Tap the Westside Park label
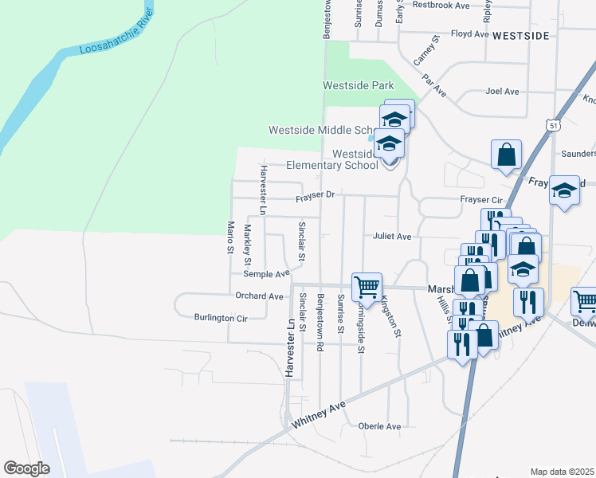(359, 85)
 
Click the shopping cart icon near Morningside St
(367, 286)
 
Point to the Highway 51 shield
(552, 125)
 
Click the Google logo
(26, 468)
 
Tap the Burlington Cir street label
(221, 317)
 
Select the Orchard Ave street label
(260, 296)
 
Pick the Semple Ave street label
(266, 274)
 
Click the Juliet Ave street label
(391, 237)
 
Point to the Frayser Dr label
(318, 195)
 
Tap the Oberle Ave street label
(378, 425)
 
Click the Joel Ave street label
(502, 92)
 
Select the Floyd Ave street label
(469, 34)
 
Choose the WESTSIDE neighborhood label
(520, 36)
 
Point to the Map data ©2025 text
(563, 472)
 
